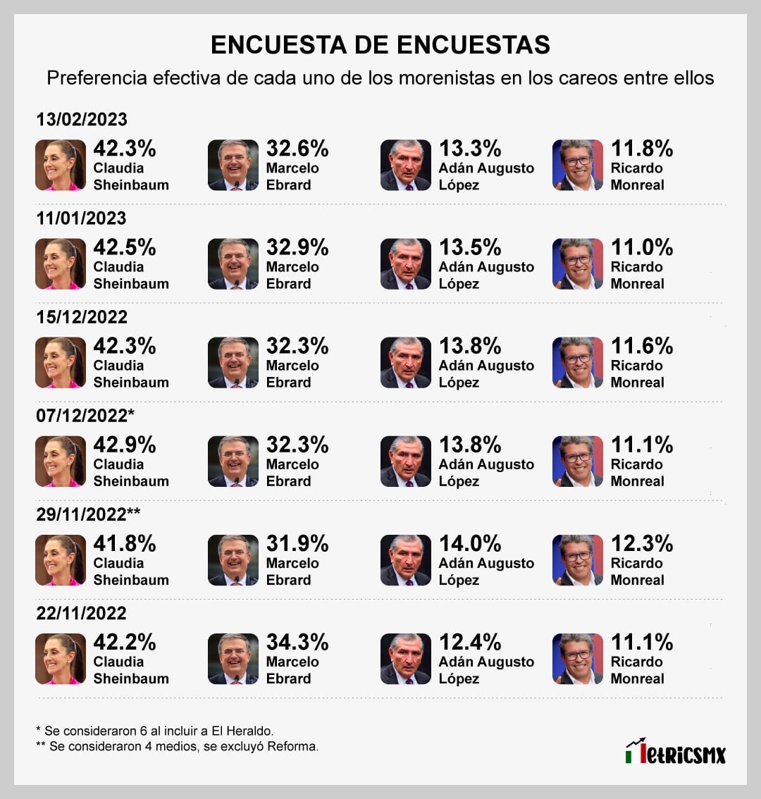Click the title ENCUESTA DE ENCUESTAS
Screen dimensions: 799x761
[x=380, y=44]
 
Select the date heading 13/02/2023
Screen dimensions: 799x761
[x=82, y=119]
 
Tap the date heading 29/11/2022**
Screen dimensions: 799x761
[x=88, y=514]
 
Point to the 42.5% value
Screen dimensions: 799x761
[x=125, y=247]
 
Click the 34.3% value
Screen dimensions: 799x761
[x=297, y=642]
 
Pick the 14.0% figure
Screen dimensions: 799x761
[x=470, y=543]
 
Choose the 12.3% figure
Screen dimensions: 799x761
[x=642, y=543]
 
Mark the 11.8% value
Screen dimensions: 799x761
[x=642, y=149]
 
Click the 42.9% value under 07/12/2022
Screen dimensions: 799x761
[x=125, y=445]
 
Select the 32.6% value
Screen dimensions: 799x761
[x=297, y=149]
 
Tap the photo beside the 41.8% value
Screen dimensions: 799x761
[x=61, y=560]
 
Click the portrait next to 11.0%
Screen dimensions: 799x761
[x=578, y=264]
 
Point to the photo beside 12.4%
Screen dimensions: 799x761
[x=405, y=659]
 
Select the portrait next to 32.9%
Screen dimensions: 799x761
[x=233, y=264]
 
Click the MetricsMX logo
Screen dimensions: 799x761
[x=675, y=752]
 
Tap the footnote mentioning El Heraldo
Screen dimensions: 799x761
[x=154, y=731]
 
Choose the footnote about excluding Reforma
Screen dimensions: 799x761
[x=177, y=746]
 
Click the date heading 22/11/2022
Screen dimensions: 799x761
[x=82, y=612]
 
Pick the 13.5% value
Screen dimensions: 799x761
[x=470, y=247]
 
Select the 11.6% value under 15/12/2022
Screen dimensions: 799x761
[x=642, y=346]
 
